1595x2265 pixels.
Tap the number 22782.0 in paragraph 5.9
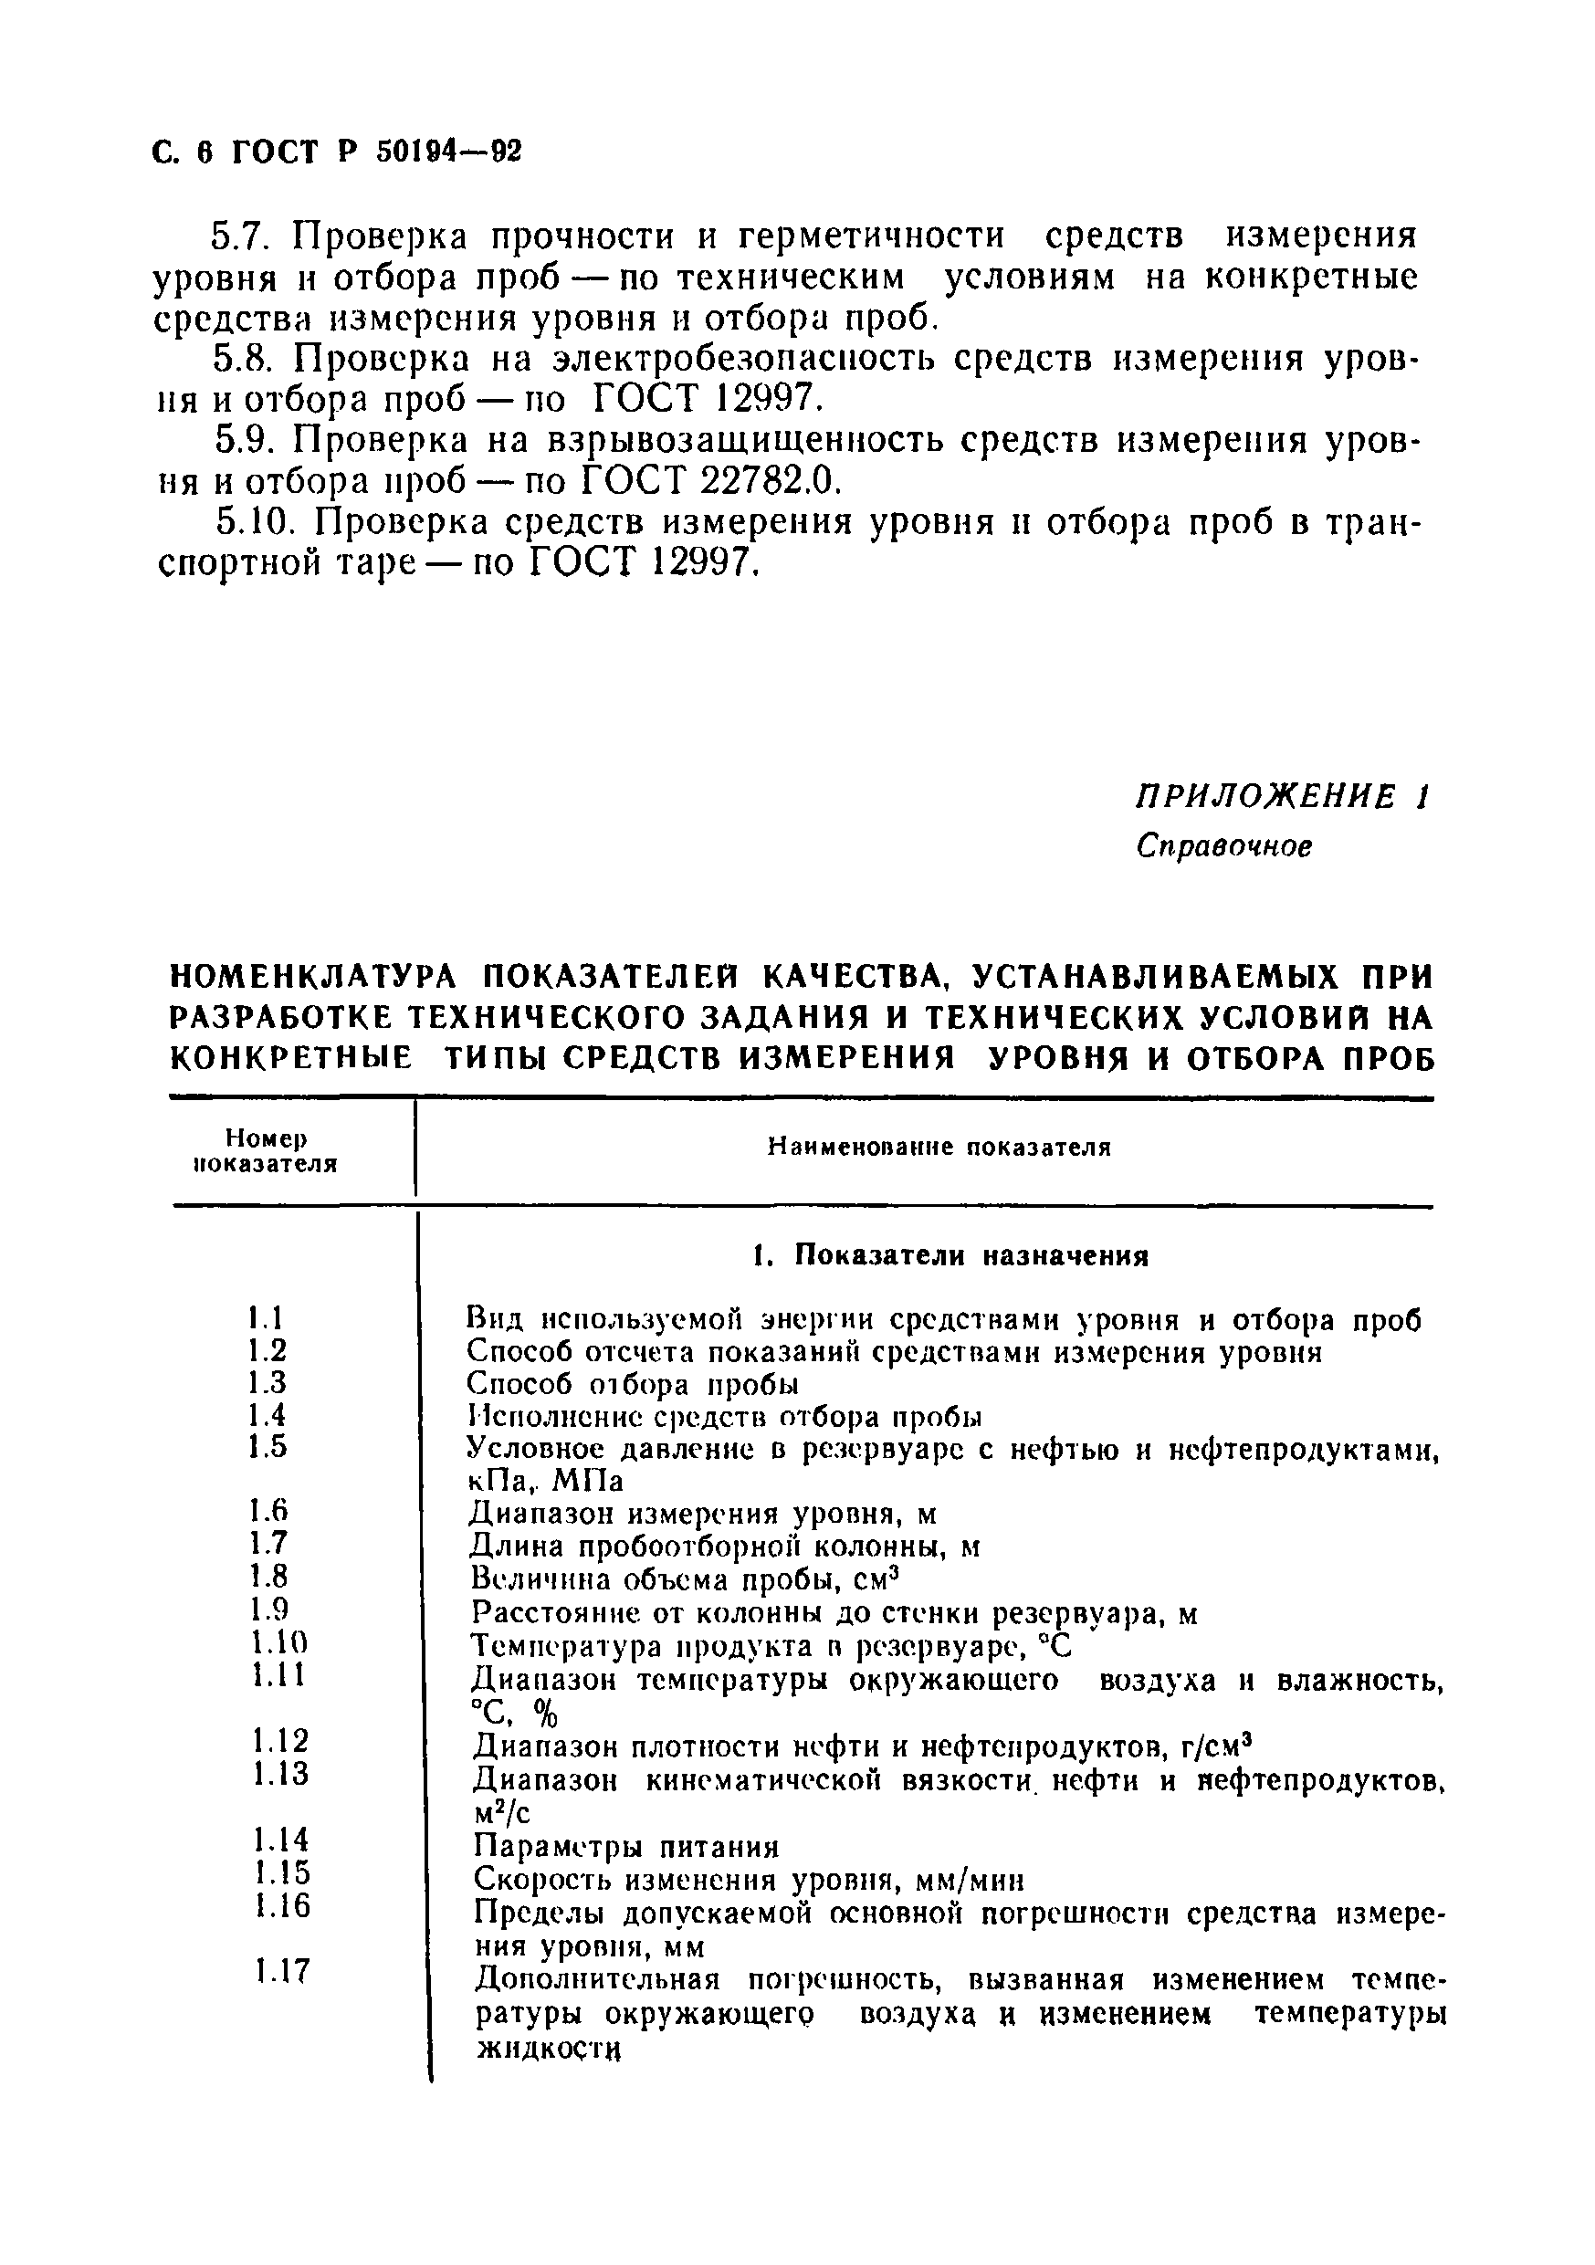click(759, 480)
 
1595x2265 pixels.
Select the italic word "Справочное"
click(1224, 846)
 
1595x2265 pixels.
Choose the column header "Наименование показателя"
click(939, 1148)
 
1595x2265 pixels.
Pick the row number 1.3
click(267, 1383)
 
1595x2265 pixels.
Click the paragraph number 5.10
click(257, 522)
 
